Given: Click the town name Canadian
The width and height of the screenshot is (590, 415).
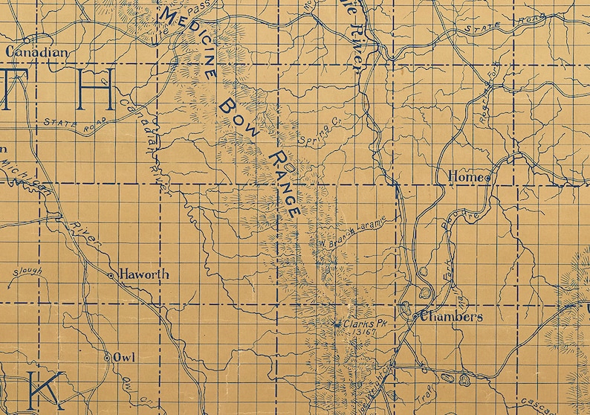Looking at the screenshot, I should pyautogui.click(x=37, y=53).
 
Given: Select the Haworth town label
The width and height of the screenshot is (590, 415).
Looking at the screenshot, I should pyautogui.click(x=144, y=274).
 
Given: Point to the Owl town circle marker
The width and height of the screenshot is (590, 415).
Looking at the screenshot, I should pyautogui.click(x=106, y=358).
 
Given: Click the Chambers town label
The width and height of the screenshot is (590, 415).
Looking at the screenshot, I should pyautogui.click(x=452, y=317).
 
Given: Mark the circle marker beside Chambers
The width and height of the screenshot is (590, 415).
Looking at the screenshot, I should pyautogui.click(x=415, y=317).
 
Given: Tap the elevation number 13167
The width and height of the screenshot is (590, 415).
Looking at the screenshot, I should pyautogui.click(x=366, y=332).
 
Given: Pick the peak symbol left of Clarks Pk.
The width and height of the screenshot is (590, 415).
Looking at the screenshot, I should pyautogui.click(x=337, y=324).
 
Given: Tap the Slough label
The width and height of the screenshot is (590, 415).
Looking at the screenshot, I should pyautogui.click(x=27, y=272).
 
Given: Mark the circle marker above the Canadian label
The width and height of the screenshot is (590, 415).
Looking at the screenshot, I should pyautogui.click(x=26, y=40).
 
